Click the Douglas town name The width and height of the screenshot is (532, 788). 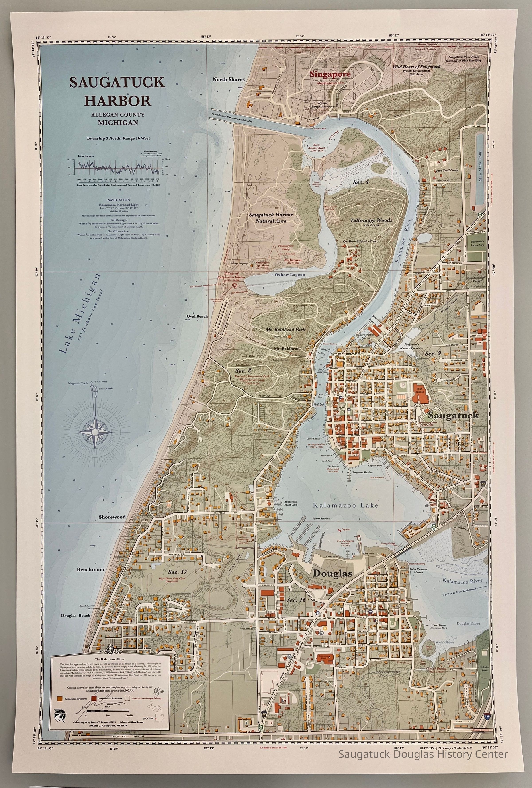332,573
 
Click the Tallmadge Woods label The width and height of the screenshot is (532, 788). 371,220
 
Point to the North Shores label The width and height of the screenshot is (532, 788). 229,79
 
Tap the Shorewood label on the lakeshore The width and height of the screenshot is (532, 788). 112,517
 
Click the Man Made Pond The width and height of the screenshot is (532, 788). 479,170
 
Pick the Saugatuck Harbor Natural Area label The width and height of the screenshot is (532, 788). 271,218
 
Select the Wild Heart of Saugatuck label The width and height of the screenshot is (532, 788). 417,67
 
